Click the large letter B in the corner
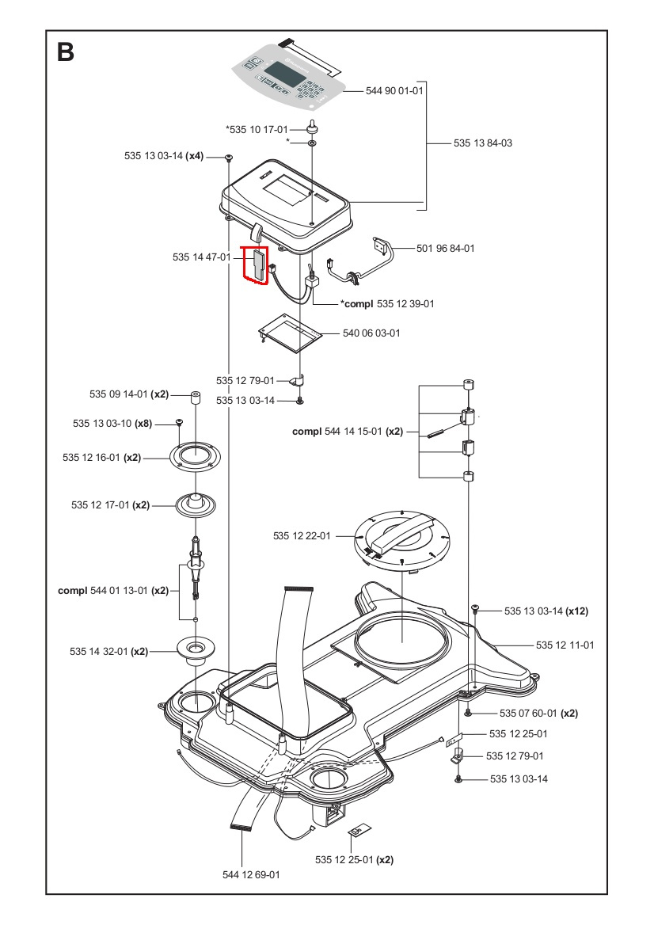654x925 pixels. (x=66, y=53)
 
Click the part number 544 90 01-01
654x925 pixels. (x=395, y=91)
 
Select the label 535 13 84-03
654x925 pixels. (x=483, y=143)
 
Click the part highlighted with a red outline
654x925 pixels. (x=257, y=266)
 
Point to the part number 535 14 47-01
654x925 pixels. (x=201, y=257)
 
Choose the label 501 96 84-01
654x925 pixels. (x=446, y=249)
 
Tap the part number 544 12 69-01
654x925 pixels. (x=251, y=874)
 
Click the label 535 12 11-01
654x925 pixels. (x=565, y=645)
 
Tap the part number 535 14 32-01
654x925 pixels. (x=99, y=652)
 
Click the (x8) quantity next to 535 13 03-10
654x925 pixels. (x=143, y=424)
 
